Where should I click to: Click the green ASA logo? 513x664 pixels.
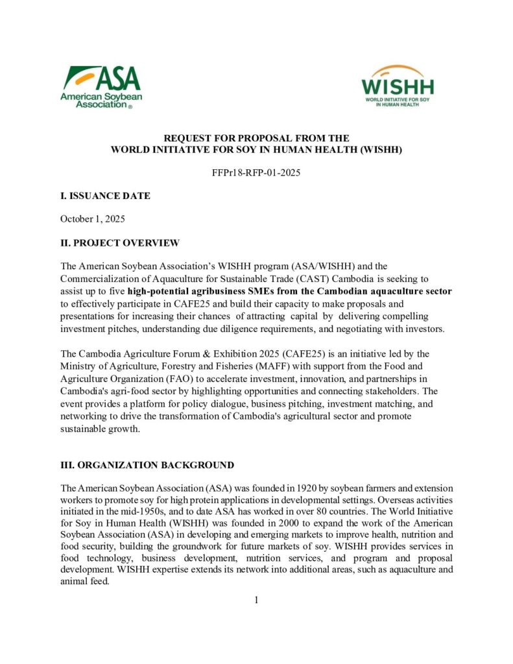click(x=101, y=86)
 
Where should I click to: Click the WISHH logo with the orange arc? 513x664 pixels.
click(x=398, y=86)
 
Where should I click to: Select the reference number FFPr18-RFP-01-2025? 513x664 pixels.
click(x=256, y=173)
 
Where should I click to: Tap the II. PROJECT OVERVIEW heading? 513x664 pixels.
click(x=119, y=243)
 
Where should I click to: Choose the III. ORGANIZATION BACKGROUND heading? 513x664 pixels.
click(x=147, y=466)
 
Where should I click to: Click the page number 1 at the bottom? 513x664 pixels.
click(x=256, y=600)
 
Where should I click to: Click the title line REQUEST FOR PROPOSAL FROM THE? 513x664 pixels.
click(x=256, y=138)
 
